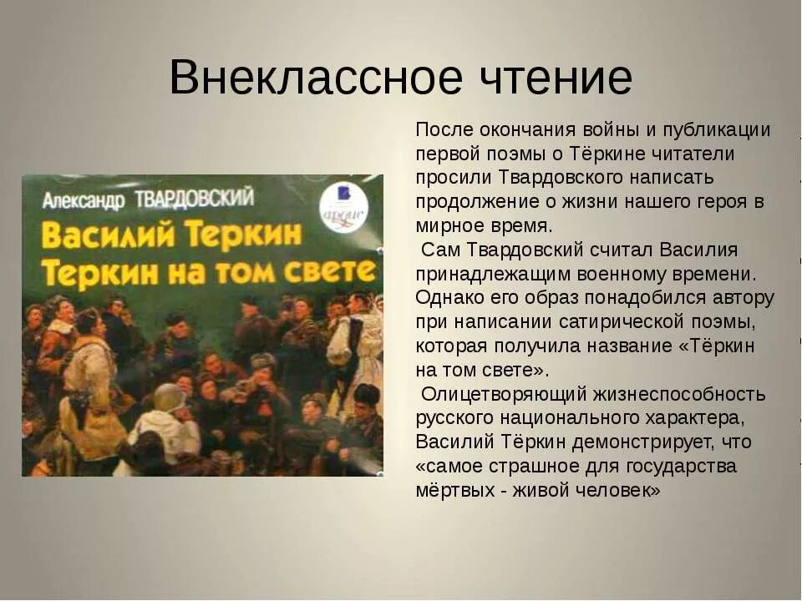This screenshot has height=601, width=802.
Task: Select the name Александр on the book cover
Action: [83, 200]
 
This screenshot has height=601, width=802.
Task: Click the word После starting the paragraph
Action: [444, 130]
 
